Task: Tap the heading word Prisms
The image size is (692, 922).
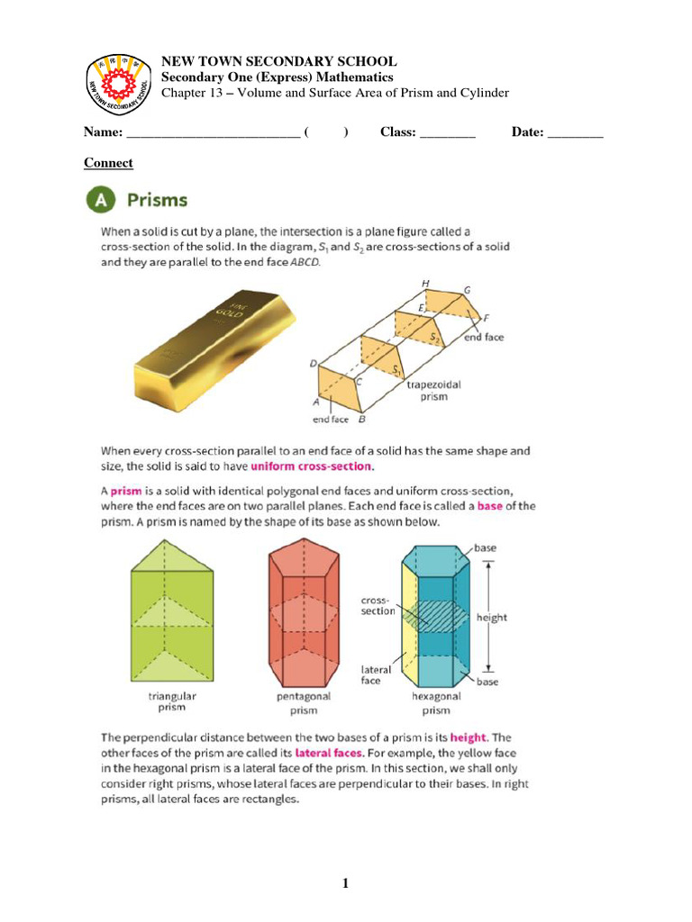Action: pos(157,200)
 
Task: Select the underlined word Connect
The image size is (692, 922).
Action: pos(108,163)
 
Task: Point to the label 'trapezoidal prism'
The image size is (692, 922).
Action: pos(434,390)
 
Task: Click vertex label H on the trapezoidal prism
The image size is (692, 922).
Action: pos(425,284)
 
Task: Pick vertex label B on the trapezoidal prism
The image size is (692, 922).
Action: pos(362,420)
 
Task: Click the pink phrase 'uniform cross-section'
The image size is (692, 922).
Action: pos(311,466)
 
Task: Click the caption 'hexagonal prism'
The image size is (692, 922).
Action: pos(436,702)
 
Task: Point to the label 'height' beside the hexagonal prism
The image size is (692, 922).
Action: pos(492,618)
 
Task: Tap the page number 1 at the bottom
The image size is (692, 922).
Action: pos(345,883)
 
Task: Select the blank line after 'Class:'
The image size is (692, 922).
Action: pos(448,133)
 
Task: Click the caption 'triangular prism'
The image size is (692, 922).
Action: pos(173,702)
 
